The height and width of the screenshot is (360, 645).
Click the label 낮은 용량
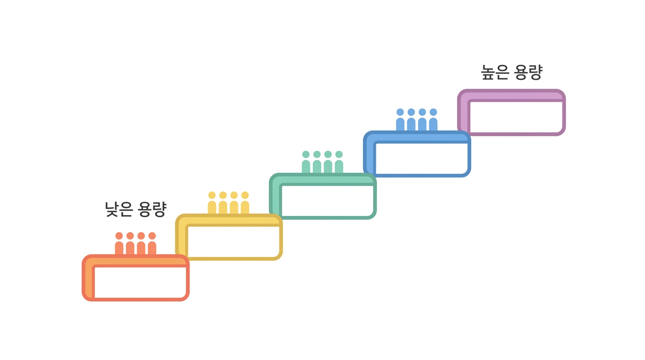point(135,210)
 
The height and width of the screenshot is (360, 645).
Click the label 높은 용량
point(512,72)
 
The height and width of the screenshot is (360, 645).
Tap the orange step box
point(135,260)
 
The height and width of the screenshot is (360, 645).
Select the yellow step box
point(229,220)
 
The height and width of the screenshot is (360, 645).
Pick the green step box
point(323,179)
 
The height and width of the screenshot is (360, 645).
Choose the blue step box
point(417,136)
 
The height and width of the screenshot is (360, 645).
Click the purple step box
point(511,95)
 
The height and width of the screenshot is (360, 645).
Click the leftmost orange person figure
point(119,244)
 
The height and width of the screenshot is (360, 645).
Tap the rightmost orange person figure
point(152,244)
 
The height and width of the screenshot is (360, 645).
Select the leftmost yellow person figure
point(212,203)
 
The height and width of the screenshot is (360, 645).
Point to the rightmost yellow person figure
point(245,203)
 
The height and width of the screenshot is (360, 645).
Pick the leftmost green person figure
point(306,162)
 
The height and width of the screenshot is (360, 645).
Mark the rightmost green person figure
point(339,162)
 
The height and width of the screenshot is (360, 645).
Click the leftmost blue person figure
point(400,120)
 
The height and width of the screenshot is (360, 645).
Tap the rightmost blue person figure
point(433,120)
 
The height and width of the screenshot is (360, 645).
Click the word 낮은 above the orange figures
point(118,210)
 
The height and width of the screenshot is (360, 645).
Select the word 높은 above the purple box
point(495,72)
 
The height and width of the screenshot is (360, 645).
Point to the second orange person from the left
point(130,244)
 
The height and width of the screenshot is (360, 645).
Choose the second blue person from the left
point(411,120)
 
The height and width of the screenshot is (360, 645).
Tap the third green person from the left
point(328,162)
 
